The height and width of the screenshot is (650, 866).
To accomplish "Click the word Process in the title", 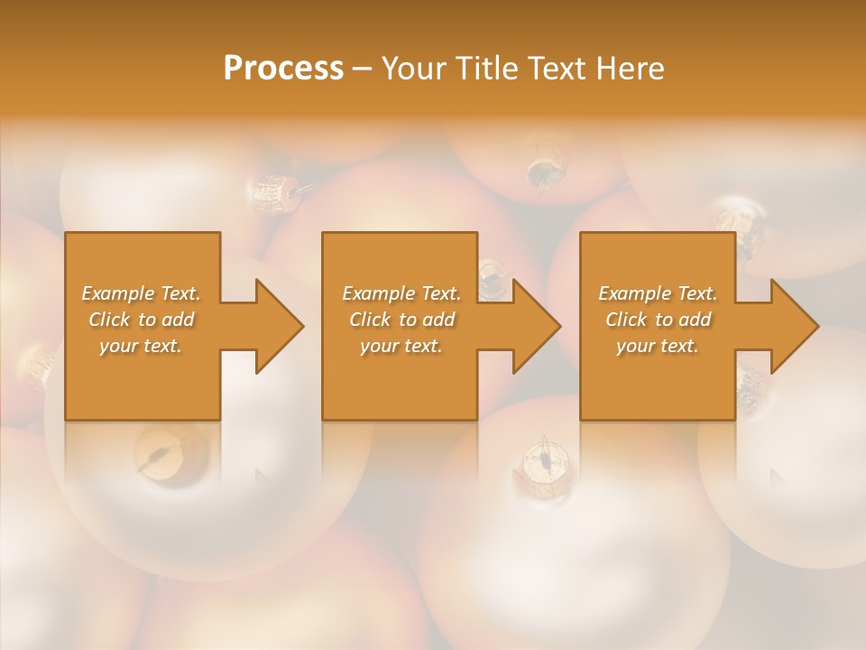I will click(x=283, y=69).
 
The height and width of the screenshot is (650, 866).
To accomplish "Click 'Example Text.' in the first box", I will click(x=141, y=293).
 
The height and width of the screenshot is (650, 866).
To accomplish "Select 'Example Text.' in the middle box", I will click(x=401, y=293).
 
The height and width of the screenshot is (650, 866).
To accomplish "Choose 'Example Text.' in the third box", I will click(x=658, y=293).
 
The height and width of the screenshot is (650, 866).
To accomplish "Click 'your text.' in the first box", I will click(x=141, y=346).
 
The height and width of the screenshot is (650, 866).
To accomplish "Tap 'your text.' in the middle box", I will click(x=401, y=346).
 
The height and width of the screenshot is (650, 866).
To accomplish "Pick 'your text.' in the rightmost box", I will click(x=658, y=346).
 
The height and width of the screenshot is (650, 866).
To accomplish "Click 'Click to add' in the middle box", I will click(x=401, y=320).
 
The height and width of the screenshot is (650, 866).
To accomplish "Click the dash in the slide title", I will click(x=363, y=69).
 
